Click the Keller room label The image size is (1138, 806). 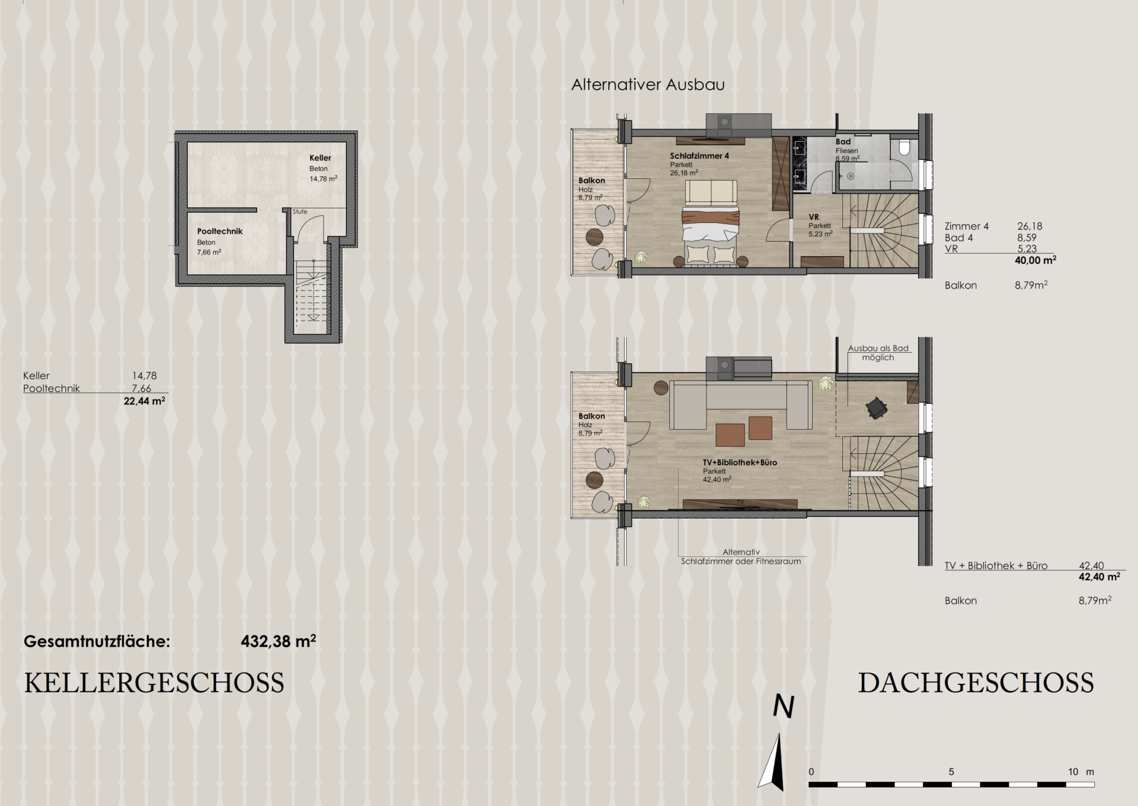320,158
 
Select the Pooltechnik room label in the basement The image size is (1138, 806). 220,232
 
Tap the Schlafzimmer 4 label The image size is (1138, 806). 699,156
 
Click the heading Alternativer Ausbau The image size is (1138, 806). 648,85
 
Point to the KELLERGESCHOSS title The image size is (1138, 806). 154,683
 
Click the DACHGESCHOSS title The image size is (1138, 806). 976,683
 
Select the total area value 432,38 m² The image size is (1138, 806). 278,641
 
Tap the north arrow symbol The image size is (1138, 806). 773,762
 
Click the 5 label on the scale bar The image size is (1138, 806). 951,772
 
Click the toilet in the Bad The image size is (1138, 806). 904,148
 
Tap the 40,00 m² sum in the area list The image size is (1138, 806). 1035,260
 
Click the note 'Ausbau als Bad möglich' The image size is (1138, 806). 878,353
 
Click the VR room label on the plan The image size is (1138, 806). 814,217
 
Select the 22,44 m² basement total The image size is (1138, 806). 144,401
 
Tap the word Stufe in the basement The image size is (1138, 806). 300,212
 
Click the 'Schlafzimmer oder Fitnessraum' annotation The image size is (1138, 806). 741,561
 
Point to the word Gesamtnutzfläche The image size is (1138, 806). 97,641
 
